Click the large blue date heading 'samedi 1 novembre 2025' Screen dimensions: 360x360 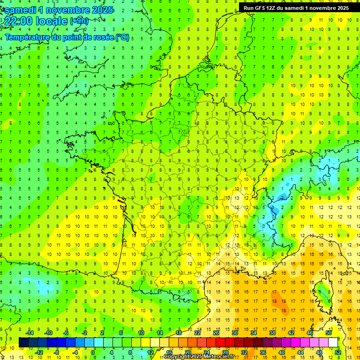point(59,9)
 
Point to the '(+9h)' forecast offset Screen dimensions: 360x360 point(78,21)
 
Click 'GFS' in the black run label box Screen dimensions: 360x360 point(261,8)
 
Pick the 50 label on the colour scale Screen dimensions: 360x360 point(328,332)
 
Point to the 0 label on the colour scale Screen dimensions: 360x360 point(93,352)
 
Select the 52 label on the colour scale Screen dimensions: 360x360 point(337,352)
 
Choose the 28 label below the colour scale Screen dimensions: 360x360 point(225,352)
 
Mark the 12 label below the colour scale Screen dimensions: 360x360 point(150,352)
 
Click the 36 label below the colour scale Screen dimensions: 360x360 point(262,352)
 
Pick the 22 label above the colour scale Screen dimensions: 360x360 point(197,332)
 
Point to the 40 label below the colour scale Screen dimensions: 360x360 point(281,352)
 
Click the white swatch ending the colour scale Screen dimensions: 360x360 point(333,342)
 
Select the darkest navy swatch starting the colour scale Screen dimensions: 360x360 point(23,342)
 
